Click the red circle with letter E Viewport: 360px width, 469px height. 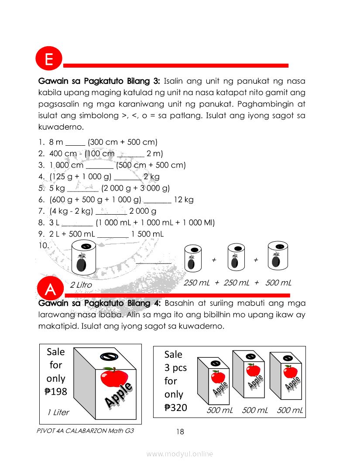[x=49, y=59]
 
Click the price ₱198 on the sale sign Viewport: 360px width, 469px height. [x=56, y=392]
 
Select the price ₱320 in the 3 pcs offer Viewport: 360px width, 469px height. [x=176, y=408]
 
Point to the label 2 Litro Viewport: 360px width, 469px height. [x=81, y=285]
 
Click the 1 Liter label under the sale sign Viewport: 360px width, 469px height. [x=58, y=412]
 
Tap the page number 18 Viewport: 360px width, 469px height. [x=180, y=432]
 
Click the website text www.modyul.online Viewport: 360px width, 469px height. [x=180, y=454]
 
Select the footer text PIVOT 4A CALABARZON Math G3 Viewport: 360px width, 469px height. [x=86, y=431]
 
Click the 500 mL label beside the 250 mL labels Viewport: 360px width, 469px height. [x=278, y=283]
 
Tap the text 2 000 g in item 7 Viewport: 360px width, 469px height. [x=143, y=211]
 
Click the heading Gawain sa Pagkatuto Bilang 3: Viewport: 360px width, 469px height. [x=99, y=81]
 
